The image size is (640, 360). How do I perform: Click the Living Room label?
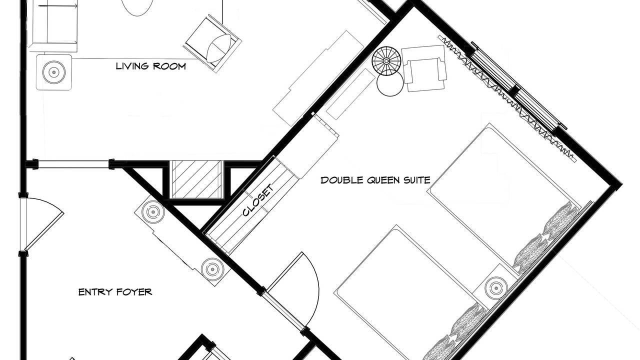point(151,66)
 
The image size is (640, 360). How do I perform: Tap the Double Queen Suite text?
point(375,180)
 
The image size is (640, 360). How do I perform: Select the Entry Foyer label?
point(115,292)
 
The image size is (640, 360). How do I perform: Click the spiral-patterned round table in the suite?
point(386,61)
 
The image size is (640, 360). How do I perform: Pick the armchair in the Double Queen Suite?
point(424,68)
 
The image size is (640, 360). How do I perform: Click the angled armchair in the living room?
point(213,43)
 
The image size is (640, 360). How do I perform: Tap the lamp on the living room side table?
point(53,72)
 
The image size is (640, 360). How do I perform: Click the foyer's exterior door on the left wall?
point(43,224)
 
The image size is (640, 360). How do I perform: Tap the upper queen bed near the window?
point(504,194)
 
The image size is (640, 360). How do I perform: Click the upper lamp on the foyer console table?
point(153,212)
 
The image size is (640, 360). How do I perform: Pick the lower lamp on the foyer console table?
point(212,269)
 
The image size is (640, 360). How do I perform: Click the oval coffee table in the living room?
point(137,6)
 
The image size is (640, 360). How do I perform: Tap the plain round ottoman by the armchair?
point(390,83)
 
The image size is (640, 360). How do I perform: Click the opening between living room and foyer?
point(73,164)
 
